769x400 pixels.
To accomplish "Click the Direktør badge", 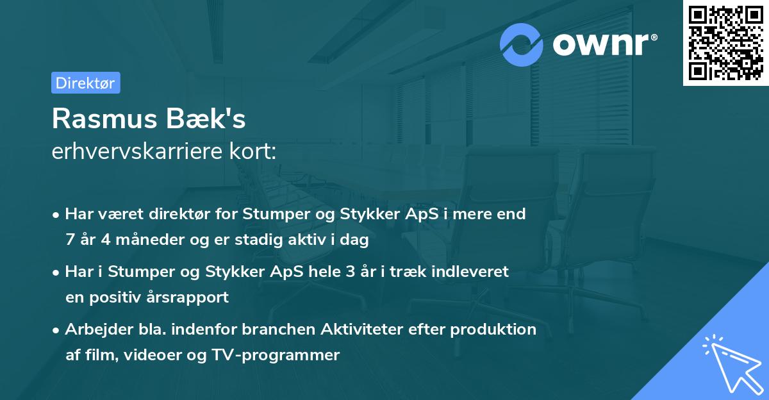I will pos(85,83).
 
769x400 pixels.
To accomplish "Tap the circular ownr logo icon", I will pos(522,44).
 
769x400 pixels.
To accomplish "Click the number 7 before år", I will pos(70,240).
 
